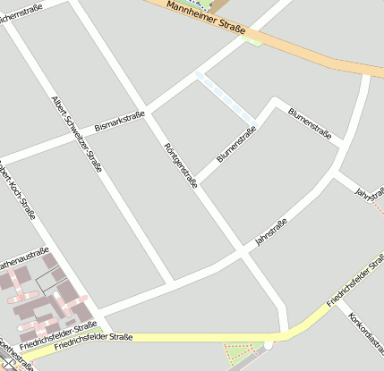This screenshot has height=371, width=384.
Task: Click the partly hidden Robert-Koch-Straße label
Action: (x=20, y=190)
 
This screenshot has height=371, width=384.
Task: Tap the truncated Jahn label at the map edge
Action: (x=363, y=191)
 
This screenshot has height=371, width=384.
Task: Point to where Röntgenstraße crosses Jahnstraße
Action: (x=243, y=255)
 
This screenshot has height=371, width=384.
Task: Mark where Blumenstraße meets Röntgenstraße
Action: (x=200, y=183)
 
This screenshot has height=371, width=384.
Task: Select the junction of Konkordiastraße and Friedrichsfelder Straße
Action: (x=338, y=300)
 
